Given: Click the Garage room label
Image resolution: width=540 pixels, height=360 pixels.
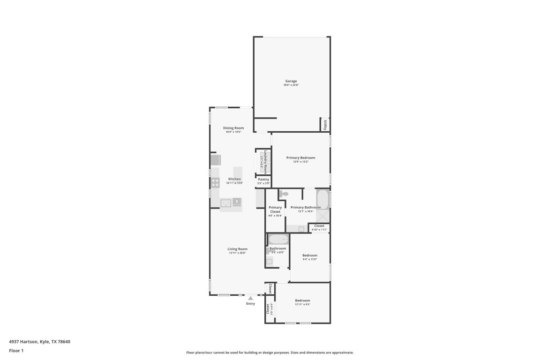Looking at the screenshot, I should point(291,81).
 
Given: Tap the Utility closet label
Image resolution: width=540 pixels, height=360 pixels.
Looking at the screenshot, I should point(325,125).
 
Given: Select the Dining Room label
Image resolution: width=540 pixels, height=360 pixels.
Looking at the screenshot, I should point(233,128).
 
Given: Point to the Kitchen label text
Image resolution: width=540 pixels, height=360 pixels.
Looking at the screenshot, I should point(234,179).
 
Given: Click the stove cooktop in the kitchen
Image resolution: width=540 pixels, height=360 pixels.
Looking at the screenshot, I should point(215,182).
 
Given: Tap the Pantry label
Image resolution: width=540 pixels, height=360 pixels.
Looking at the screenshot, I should point(263,179).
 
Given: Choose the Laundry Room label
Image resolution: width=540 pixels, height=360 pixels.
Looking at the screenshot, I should point(265,162).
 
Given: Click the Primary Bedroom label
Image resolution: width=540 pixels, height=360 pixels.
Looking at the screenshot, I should point(300,158).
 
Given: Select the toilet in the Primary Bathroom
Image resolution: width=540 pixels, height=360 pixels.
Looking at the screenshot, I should point(285,194).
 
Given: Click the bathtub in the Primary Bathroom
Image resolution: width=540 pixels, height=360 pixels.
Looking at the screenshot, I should point(322,198).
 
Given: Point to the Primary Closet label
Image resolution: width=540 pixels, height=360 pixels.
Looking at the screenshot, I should point(275,210).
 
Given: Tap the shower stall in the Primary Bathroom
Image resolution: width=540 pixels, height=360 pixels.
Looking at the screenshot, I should point(322,216).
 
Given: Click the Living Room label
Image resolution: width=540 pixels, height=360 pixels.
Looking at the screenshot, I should point(237,249).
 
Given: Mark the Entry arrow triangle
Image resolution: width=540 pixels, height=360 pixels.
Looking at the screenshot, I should point(251,298).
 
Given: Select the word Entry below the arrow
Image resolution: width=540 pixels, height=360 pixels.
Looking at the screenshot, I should point(251,304).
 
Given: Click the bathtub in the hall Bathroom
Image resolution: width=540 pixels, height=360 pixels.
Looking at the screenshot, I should point(278,240).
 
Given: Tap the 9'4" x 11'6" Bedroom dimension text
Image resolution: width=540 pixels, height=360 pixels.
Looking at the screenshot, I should point(309,259).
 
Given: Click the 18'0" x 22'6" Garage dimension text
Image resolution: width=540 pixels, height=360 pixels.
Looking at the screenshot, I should point(291,85).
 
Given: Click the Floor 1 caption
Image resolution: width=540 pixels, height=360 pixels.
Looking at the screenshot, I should point(16,351).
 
